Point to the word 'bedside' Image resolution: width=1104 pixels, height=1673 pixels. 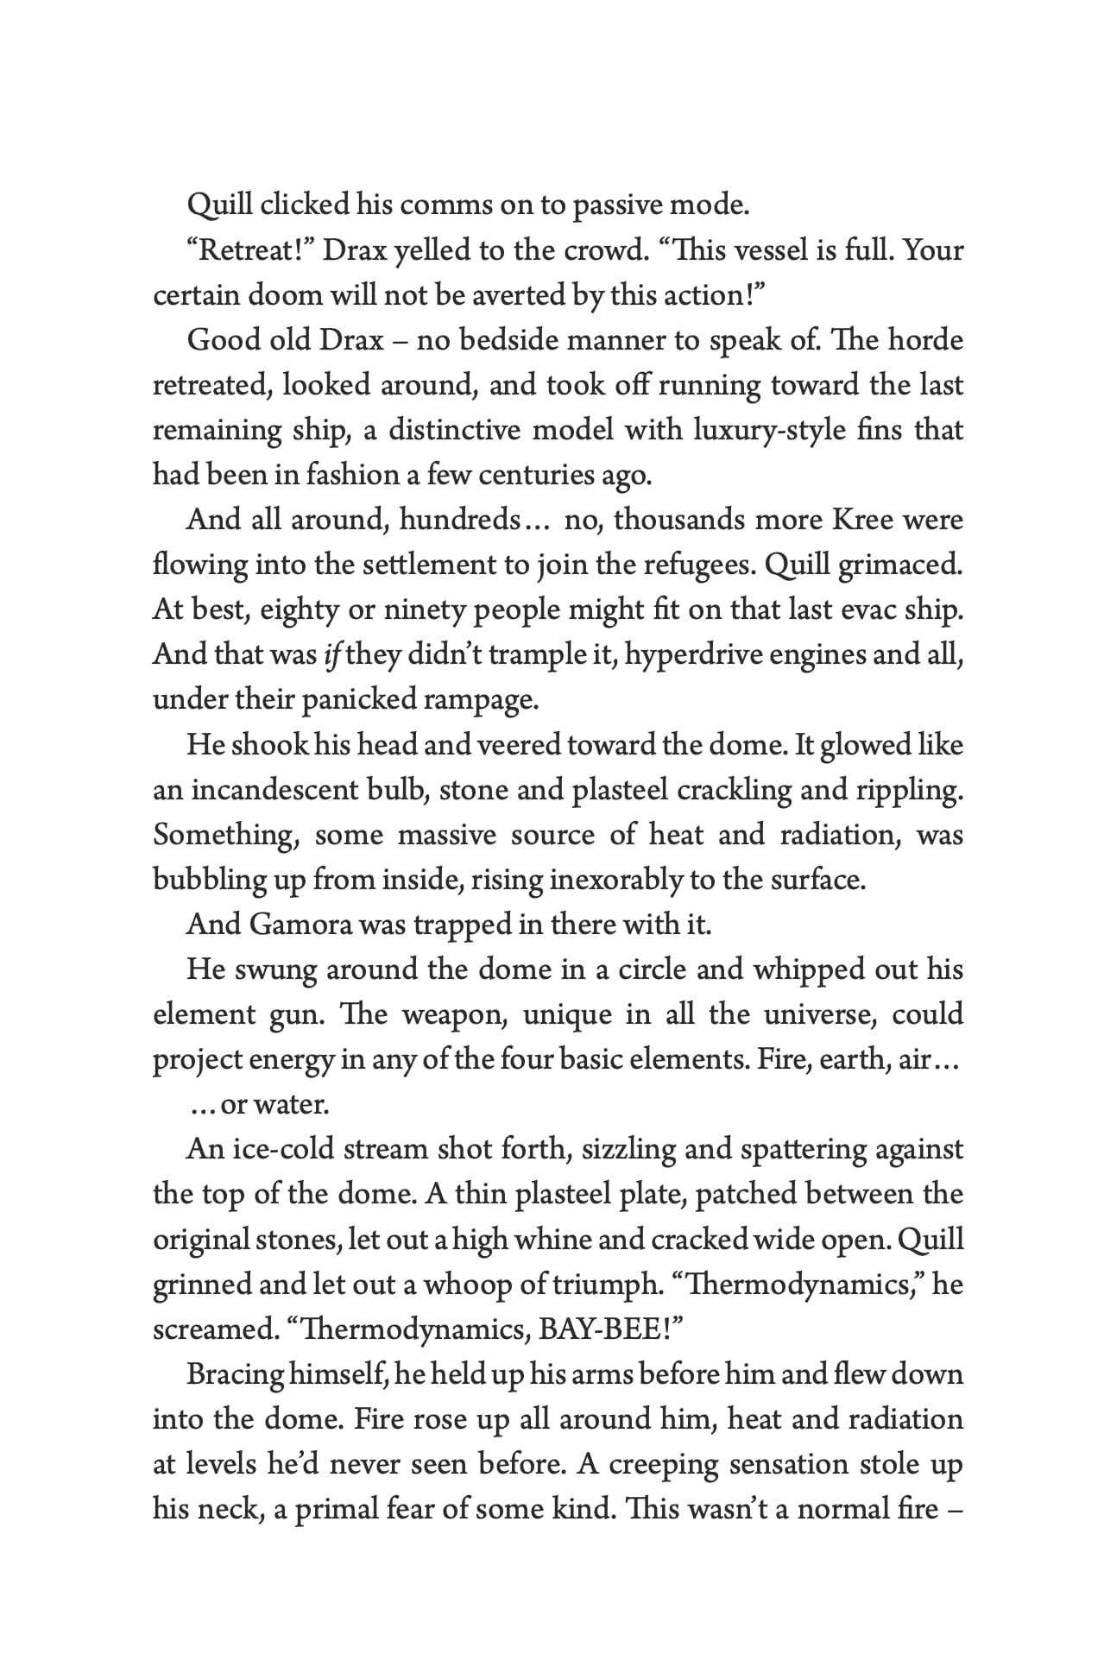click(510, 340)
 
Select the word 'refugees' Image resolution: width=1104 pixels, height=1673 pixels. click(697, 565)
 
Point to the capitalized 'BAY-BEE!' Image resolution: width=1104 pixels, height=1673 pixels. click(609, 1329)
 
